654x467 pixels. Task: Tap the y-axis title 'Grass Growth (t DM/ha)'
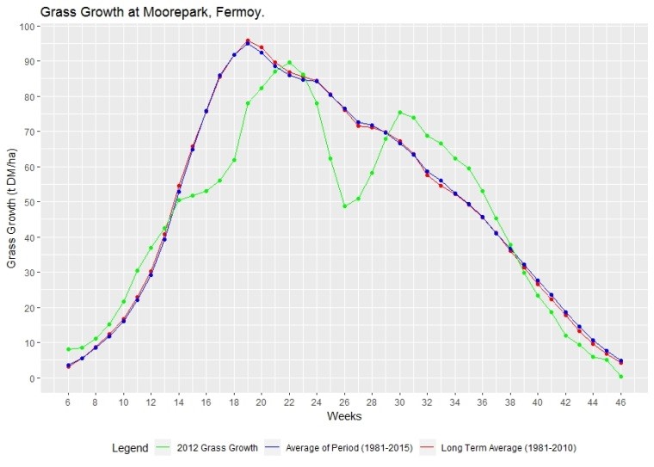[12, 202]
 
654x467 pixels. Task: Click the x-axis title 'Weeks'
[344, 416]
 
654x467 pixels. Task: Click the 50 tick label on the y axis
[28, 202]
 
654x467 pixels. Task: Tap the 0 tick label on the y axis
[31, 378]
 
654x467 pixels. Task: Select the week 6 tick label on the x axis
[68, 400]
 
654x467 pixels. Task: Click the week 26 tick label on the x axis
[344, 400]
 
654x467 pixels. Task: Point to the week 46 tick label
[620, 400]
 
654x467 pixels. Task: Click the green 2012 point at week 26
[344, 206]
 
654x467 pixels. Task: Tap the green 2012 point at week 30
[399, 113]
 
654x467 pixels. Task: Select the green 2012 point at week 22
[289, 62]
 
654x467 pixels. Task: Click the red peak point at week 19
[248, 40]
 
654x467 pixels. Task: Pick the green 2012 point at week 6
[68, 349]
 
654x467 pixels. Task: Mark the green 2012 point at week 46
[620, 377]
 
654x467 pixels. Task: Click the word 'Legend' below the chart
[130, 448]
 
